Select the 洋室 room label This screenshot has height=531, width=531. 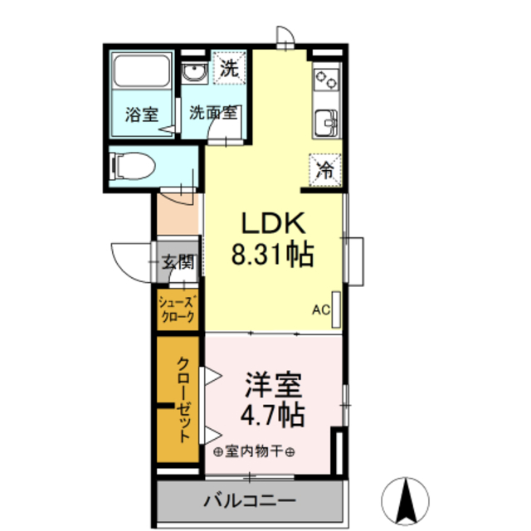coord(274,385)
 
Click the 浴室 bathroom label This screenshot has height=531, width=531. coord(141,114)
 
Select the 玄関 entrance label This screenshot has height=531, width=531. coord(177,263)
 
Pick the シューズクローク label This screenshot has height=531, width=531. coord(177,309)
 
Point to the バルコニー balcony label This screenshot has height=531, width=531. coord(249,501)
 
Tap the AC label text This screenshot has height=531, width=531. coord(320,311)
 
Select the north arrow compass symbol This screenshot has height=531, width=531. coord(407,499)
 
